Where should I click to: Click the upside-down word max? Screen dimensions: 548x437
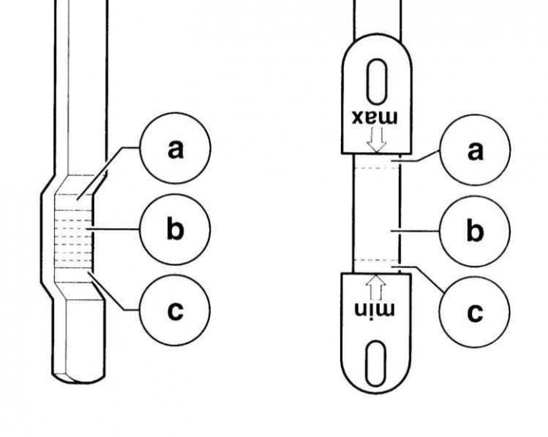pos(374,117)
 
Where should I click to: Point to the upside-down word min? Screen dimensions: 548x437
pos(374,310)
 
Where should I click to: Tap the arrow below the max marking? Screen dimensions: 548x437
pos(376,139)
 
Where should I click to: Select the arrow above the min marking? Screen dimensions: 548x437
pos(376,287)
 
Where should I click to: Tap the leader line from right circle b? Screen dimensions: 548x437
pos(415,231)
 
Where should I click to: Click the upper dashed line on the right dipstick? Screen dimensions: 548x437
pos(377,167)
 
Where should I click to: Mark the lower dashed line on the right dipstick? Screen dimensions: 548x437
pos(376,260)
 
